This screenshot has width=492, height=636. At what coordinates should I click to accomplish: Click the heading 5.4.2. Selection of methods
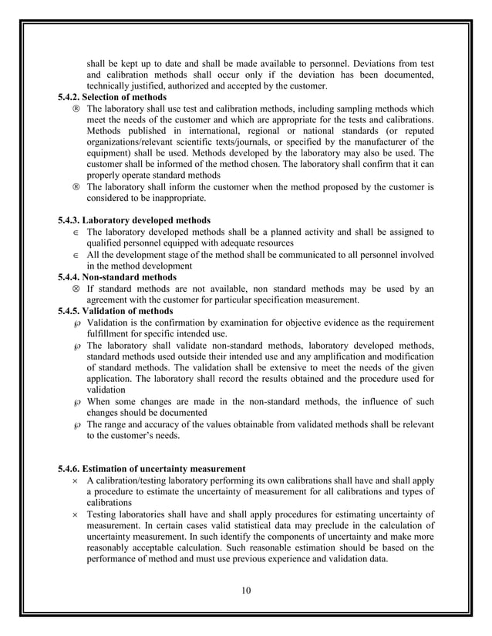(112, 98)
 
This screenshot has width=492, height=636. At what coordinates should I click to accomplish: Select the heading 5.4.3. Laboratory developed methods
(134, 220)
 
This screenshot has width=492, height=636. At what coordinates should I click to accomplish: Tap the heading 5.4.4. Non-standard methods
(117, 277)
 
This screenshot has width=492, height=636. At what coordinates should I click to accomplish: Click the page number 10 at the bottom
(245, 591)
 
